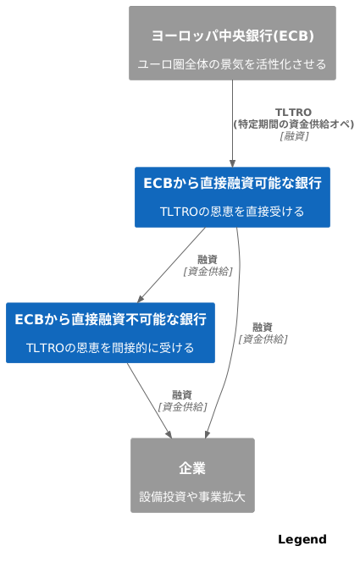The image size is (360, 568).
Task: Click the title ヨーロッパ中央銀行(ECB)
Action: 232,36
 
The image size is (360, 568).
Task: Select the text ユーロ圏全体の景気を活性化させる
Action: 232,64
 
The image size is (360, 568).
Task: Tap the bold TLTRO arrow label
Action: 293,113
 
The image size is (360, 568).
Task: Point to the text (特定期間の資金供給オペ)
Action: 293,124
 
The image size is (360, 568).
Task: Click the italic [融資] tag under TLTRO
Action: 293,135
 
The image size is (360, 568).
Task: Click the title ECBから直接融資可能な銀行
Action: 232,183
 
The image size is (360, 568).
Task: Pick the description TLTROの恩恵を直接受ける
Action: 232,212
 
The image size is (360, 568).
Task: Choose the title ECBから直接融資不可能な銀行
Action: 110,319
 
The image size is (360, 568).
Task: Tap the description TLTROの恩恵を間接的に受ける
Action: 110,348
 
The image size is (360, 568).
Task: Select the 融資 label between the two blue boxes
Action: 208,260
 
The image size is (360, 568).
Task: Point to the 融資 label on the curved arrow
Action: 263,328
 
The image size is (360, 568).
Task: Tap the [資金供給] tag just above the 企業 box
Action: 182,406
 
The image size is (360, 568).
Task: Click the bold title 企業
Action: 192,468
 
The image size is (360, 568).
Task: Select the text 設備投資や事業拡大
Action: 192,497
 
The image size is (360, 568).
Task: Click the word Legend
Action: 302,540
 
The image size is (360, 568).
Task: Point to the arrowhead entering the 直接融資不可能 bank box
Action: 141,298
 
